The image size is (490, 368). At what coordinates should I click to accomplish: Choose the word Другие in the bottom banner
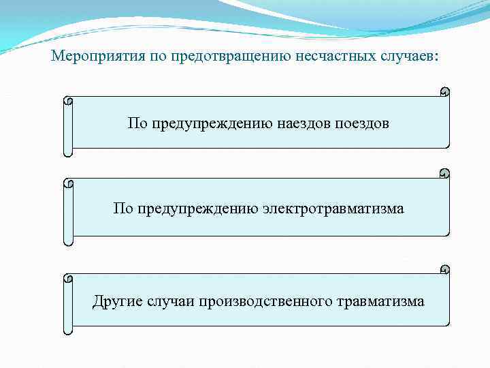pos(117,301)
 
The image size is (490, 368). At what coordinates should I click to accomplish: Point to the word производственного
pos(265,301)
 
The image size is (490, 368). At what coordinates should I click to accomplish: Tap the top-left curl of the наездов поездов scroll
pos(67,101)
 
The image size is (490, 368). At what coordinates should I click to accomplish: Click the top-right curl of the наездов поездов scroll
pos(444,91)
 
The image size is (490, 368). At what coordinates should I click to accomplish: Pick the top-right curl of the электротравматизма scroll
pos(444,173)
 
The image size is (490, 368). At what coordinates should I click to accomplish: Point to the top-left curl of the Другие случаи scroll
pos(67,279)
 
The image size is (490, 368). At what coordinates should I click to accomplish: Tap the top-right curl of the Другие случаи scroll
pos(444,269)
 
